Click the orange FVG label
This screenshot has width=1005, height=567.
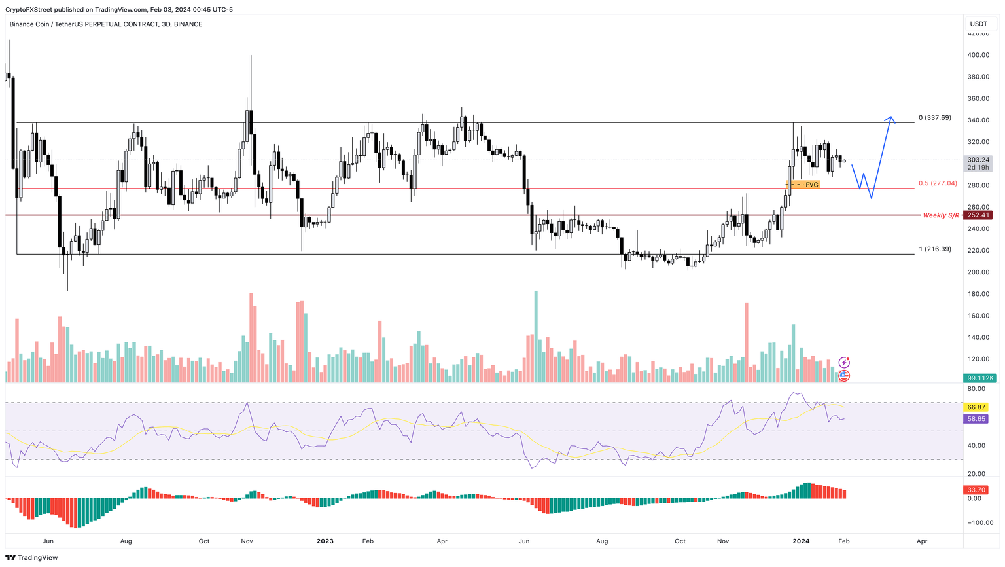click(811, 185)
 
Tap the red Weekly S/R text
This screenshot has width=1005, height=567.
click(940, 215)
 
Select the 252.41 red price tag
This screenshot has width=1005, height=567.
click(978, 215)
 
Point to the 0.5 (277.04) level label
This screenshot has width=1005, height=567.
click(938, 183)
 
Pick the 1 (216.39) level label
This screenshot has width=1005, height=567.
click(935, 249)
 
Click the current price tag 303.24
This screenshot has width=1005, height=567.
click(978, 160)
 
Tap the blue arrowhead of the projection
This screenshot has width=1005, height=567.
click(890, 119)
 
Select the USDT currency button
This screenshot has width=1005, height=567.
click(978, 24)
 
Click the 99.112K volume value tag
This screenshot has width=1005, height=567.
click(979, 378)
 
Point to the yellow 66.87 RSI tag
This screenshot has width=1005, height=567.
click(976, 407)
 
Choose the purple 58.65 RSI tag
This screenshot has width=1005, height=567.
click(976, 419)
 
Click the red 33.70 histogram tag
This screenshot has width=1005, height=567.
click(976, 490)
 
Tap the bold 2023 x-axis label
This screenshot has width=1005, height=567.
click(325, 541)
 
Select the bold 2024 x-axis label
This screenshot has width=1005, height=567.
click(801, 541)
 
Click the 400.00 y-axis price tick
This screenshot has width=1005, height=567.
click(978, 55)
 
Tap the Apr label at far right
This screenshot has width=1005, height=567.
click(922, 541)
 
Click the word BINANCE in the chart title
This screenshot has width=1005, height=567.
click(188, 24)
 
